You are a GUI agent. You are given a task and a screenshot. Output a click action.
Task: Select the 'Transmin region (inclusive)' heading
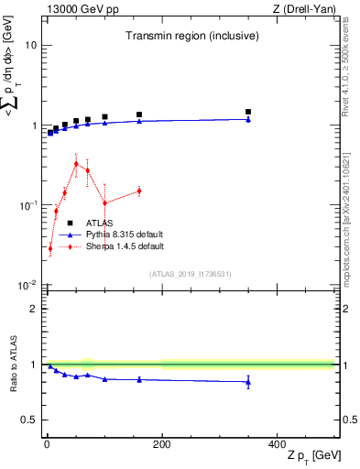[x=191, y=37]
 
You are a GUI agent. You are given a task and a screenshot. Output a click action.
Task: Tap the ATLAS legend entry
[x=99, y=223]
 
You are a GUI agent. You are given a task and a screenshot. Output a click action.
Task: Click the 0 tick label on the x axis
[x=47, y=445]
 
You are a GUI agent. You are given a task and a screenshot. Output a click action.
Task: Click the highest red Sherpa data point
[x=76, y=163]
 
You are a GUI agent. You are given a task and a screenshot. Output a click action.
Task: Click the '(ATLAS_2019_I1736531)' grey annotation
[x=191, y=274]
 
